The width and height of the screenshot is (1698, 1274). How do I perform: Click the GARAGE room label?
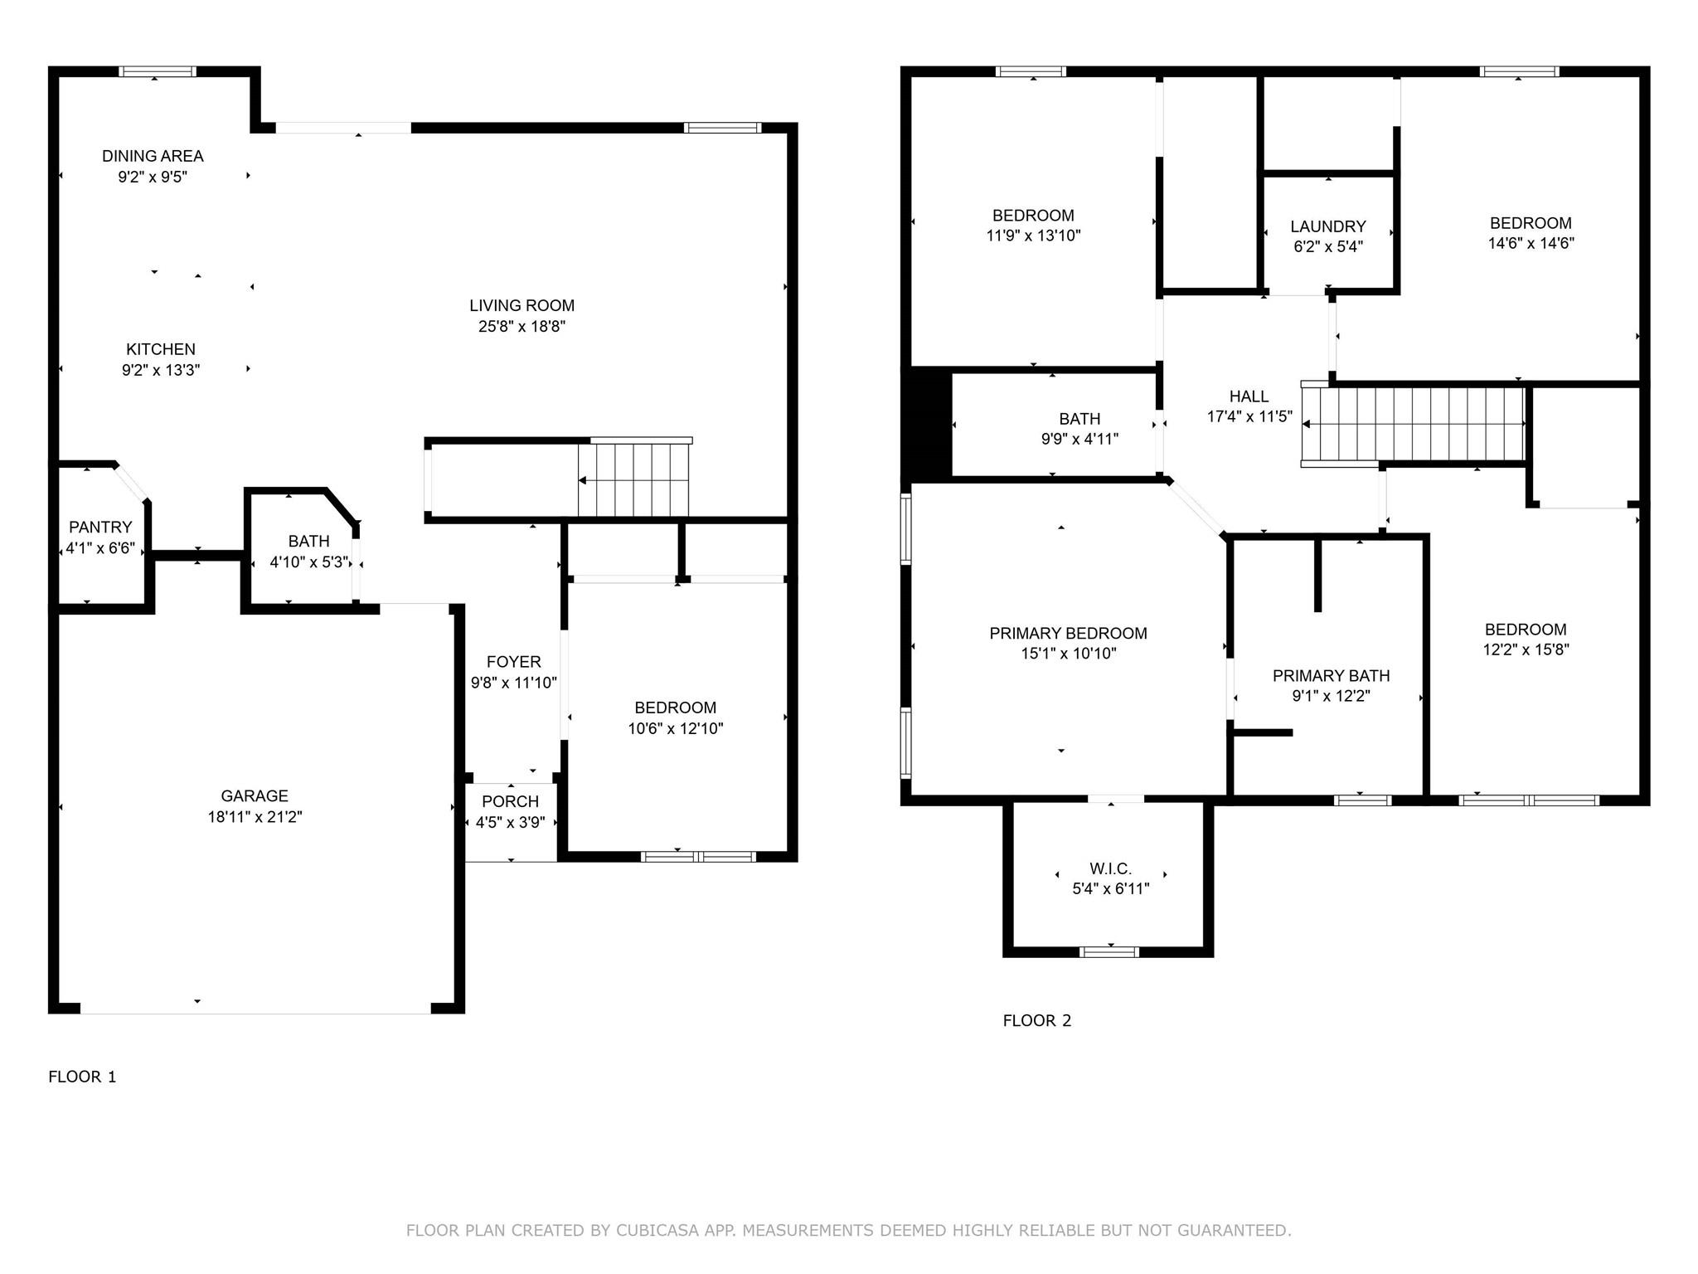255,795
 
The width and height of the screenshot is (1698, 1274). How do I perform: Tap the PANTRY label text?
100,527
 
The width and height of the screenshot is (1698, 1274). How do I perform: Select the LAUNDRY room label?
1327,226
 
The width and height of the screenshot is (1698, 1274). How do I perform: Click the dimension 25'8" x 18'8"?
522,327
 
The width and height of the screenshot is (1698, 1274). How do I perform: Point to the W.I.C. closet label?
1110,868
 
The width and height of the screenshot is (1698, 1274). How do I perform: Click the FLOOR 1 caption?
82,1077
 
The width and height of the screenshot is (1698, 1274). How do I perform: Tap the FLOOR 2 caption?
1036,1020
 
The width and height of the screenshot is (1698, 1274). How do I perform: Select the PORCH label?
510,801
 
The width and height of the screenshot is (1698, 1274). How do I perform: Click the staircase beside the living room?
634,479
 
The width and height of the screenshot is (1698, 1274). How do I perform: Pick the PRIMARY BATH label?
1331,676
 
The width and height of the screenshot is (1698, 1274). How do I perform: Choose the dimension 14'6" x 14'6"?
1531,244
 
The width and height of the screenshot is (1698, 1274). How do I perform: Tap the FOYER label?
513,662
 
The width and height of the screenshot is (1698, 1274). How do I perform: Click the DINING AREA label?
153,156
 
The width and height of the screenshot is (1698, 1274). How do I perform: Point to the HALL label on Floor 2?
1249,396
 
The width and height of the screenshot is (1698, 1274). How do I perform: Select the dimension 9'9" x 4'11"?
1079,440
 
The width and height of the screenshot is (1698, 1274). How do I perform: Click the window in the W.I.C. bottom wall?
1109,951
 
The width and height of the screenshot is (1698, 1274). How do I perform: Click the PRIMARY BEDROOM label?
1068,634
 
